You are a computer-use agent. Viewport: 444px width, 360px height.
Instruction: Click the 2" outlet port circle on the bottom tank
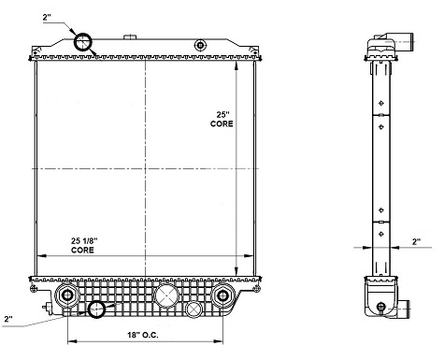click(98, 310)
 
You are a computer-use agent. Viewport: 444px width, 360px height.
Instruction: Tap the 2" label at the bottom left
click(8, 320)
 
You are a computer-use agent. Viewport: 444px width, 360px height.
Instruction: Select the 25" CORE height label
click(221, 118)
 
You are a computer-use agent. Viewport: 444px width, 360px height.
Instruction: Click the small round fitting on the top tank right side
click(198, 45)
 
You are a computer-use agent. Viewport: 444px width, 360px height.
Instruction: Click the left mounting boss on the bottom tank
click(66, 297)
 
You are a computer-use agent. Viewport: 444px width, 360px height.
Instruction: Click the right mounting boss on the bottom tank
click(222, 297)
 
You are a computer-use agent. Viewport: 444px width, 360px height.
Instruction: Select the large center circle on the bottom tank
click(165, 297)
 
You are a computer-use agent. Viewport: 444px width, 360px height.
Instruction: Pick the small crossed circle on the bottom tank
click(193, 309)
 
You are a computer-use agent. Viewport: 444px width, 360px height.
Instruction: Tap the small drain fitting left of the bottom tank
click(44, 305)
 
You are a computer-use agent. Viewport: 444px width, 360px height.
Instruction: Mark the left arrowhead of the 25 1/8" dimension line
click(38, 256)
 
